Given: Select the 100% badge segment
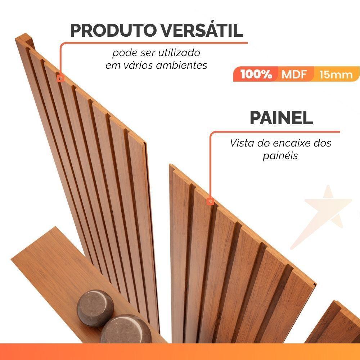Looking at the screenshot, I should [256, 74].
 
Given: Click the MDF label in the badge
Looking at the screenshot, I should [293, 74].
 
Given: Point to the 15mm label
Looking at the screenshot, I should [336, 75].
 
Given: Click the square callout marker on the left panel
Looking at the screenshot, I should [61, 77].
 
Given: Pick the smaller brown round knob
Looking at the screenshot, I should [95, 309].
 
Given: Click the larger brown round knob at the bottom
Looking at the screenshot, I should [125, 329].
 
